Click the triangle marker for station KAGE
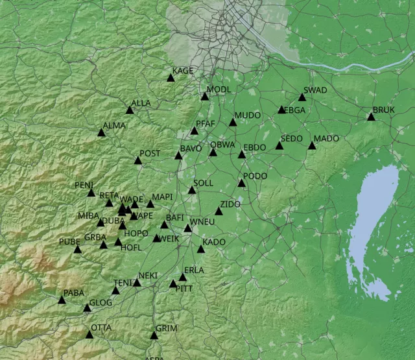point(171,78)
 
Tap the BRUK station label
point(383,110)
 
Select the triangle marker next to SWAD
point(302,97)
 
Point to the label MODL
point(219,89)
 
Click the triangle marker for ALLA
point(130,110)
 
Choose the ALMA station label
point(114,125)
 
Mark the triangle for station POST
point(138,160)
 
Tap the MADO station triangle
point(312,146)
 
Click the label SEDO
point(291,139)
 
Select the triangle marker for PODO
point(242,184)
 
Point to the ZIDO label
point(230,204)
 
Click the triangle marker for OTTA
point(89,335)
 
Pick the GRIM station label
point(166,329)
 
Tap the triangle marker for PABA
point(62,300)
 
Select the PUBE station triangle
point(78,249)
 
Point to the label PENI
point(84,186)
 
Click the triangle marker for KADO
point(201,249)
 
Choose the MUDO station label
point(248,115)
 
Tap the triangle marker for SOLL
point(192,190)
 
